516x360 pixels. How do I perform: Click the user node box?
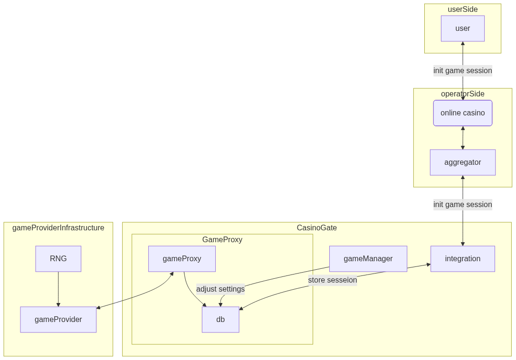point(462,28)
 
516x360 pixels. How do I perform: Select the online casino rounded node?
point(462,113)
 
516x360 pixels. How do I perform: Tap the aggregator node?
point(462,162)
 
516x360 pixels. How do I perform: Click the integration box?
point(462,259)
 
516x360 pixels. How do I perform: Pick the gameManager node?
point(368,259)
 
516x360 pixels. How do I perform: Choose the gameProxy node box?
point(182,259)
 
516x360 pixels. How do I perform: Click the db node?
point(220,320)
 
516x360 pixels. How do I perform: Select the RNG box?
point(58,259)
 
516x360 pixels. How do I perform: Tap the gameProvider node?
point(58,320)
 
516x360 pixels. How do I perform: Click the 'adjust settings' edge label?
point(220,289)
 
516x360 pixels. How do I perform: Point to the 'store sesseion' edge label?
point(332,280)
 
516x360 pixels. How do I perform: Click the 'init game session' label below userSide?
point(462,71)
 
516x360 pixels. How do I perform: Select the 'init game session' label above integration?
point(462,205)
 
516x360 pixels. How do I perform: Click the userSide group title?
point(462,9)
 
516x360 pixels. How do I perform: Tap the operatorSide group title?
point(462,94)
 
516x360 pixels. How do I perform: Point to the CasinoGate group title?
point(316,228)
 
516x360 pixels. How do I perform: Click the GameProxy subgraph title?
point(222,240)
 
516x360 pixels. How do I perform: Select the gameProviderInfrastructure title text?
point(58,228)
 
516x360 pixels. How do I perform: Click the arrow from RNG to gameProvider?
point(58,289)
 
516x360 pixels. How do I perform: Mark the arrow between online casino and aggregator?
point(462,138)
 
